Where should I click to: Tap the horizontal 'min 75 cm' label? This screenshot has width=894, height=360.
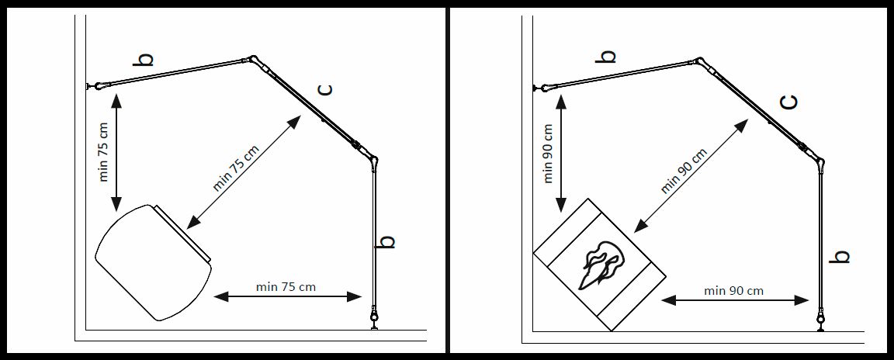pyautogui.click(x=286, y=286)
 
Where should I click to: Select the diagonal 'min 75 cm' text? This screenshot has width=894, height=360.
pyautogui.click(x=235, y=168)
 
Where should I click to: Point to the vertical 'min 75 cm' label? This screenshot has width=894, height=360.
pyautogui.click(x=103, y=151)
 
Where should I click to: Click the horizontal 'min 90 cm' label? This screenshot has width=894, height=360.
pyautogui.click(x=733, y=290)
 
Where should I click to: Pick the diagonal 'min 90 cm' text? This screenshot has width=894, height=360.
pyautogui.click(x=684, y=171)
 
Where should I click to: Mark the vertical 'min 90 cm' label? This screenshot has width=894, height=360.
pyautogui.click(x=549, y=153)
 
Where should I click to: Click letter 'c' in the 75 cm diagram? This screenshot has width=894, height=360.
pyautogui.click(x=325, y=89)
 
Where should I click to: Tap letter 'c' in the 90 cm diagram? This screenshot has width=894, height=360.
pyautogui.click(x=788, y=102)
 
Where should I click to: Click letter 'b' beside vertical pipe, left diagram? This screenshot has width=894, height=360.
pyautogui.click(x=386, y=242)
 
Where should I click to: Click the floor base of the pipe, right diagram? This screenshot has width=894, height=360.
pyautogui.click(x=821, y=320)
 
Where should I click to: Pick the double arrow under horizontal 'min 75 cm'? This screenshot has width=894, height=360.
pyautogui.click(x=287, y=296)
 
